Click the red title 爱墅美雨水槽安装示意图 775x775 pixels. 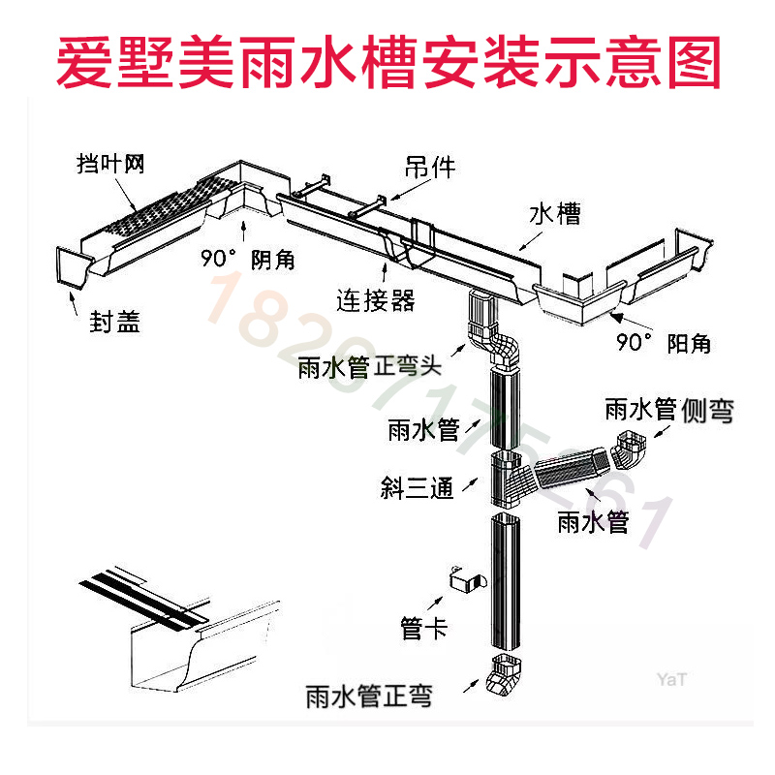coord(387,61)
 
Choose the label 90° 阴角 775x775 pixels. coord(247,260)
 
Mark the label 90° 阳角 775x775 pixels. coord(664,342)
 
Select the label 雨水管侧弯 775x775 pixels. coord(668,410)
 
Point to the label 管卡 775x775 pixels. coord(424,629)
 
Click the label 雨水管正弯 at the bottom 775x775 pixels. coord(368,695)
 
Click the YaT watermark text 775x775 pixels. coord(670,679)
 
